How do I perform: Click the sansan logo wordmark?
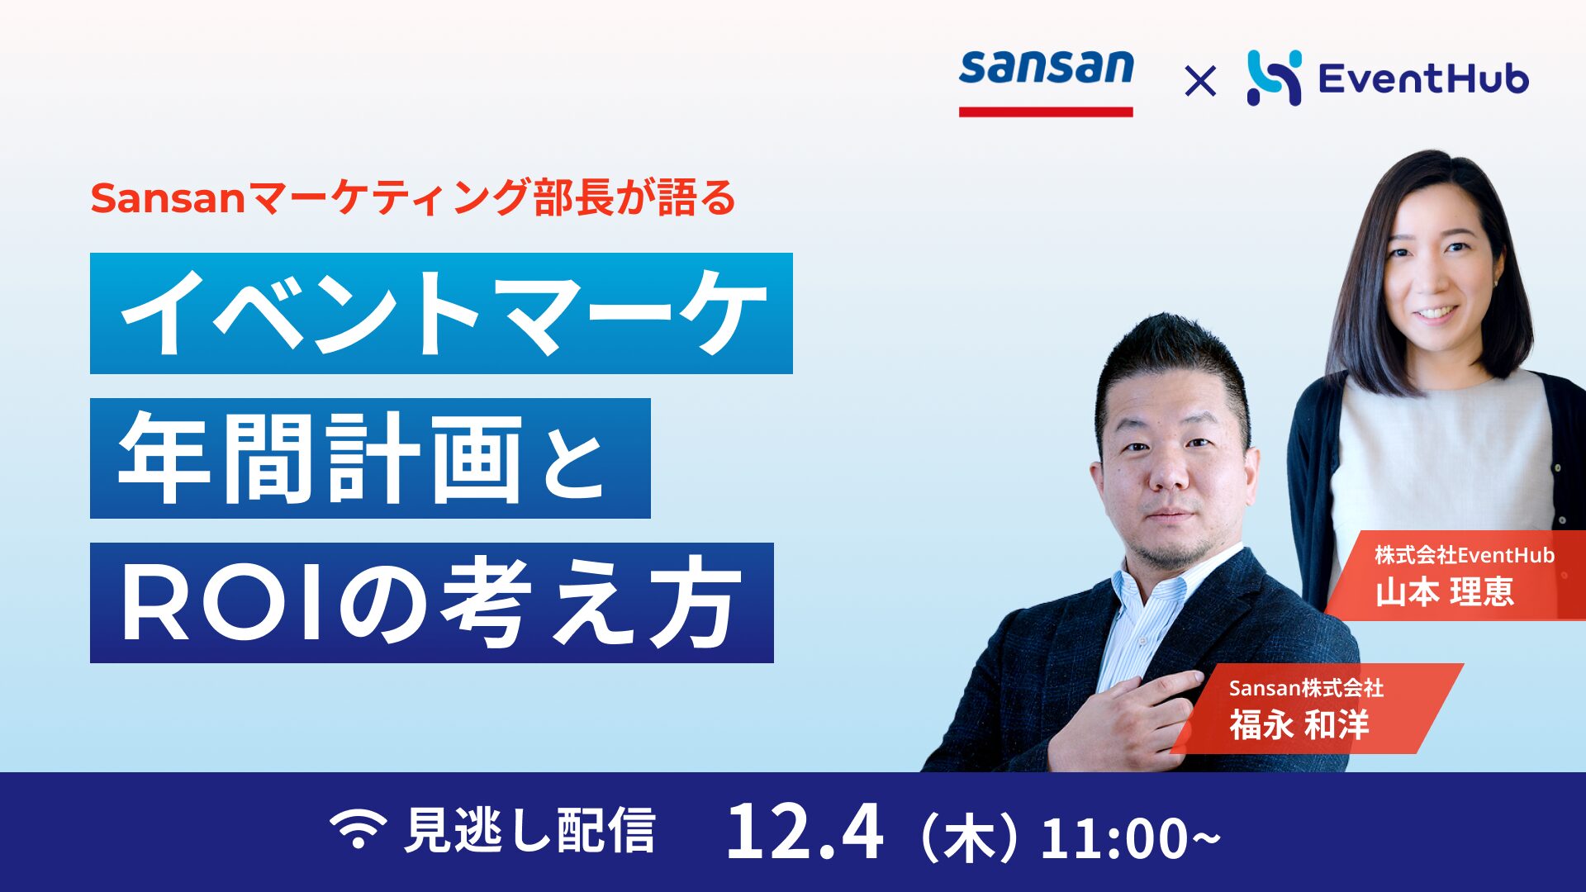pos(1046,68)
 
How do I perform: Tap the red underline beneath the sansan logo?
pos(1046,111)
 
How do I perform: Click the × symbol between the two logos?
pos(1199,81)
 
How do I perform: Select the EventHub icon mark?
pos(1274,78)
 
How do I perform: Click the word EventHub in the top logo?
pos(1423,79)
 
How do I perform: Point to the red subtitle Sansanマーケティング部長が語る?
pos(413,198)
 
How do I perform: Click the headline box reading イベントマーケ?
pos(441,313)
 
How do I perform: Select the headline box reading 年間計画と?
pos(370,458)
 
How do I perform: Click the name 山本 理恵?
pos(1445,591)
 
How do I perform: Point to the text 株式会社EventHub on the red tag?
pos(1465,555)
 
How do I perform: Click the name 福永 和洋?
pos(1299,724)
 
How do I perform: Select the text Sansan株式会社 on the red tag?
pos(1306,687)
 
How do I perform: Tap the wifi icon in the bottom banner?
pos(358,828)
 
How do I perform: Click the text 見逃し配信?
pos(530,830)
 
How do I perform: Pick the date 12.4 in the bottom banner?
pos(805,832)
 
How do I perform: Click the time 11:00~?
pos(1130,837)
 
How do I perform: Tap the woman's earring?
pos(1495,282)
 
